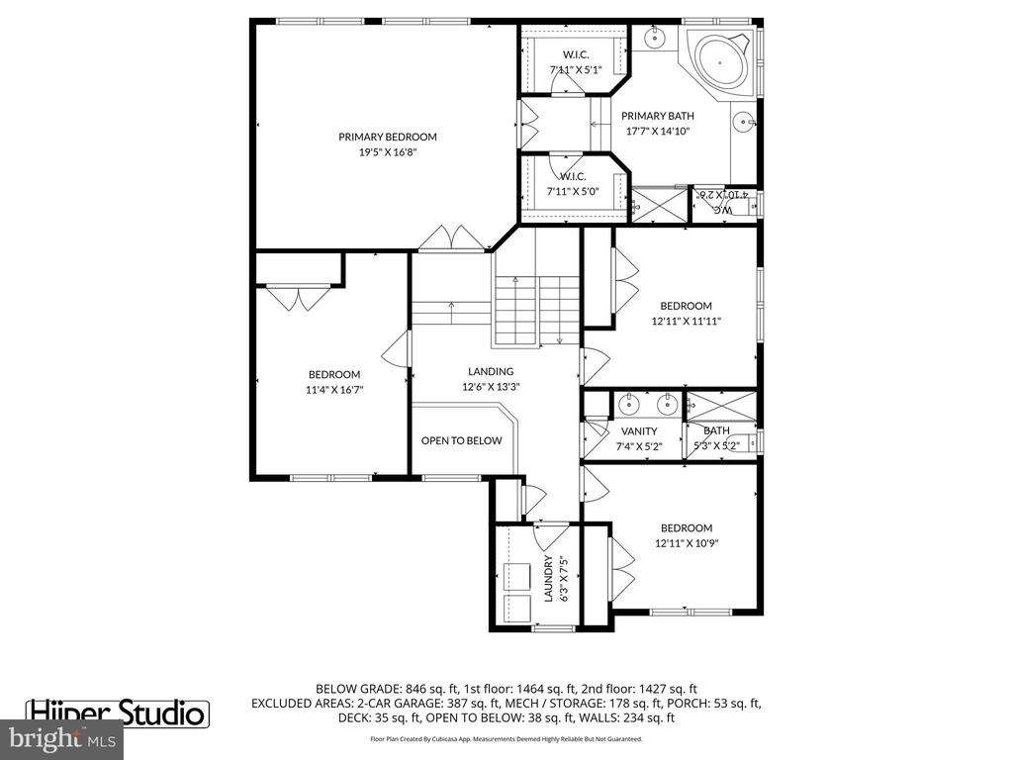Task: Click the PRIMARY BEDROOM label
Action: (x=387, y=137)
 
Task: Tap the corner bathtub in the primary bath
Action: (x=720, y=58)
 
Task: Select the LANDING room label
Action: (x=491, y=372)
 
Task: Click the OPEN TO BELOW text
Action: (x=461, y=440)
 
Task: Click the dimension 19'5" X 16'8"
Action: (x=387, y=152)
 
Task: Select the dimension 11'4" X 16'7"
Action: (x=333, y=390)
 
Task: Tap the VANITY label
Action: (x=639, y=431)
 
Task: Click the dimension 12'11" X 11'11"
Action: (x=686, y=322)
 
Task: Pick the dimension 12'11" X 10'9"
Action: (x=686, y=543)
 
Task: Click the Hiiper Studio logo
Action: (x=117, y=712)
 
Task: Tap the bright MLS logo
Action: (x=62, y=738)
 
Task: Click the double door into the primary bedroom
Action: (x=451, y=238)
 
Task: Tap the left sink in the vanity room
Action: (x=629, y=404)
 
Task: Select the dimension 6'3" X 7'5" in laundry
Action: (x=563, y=579)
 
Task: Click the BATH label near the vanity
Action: (x=716, y=431)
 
